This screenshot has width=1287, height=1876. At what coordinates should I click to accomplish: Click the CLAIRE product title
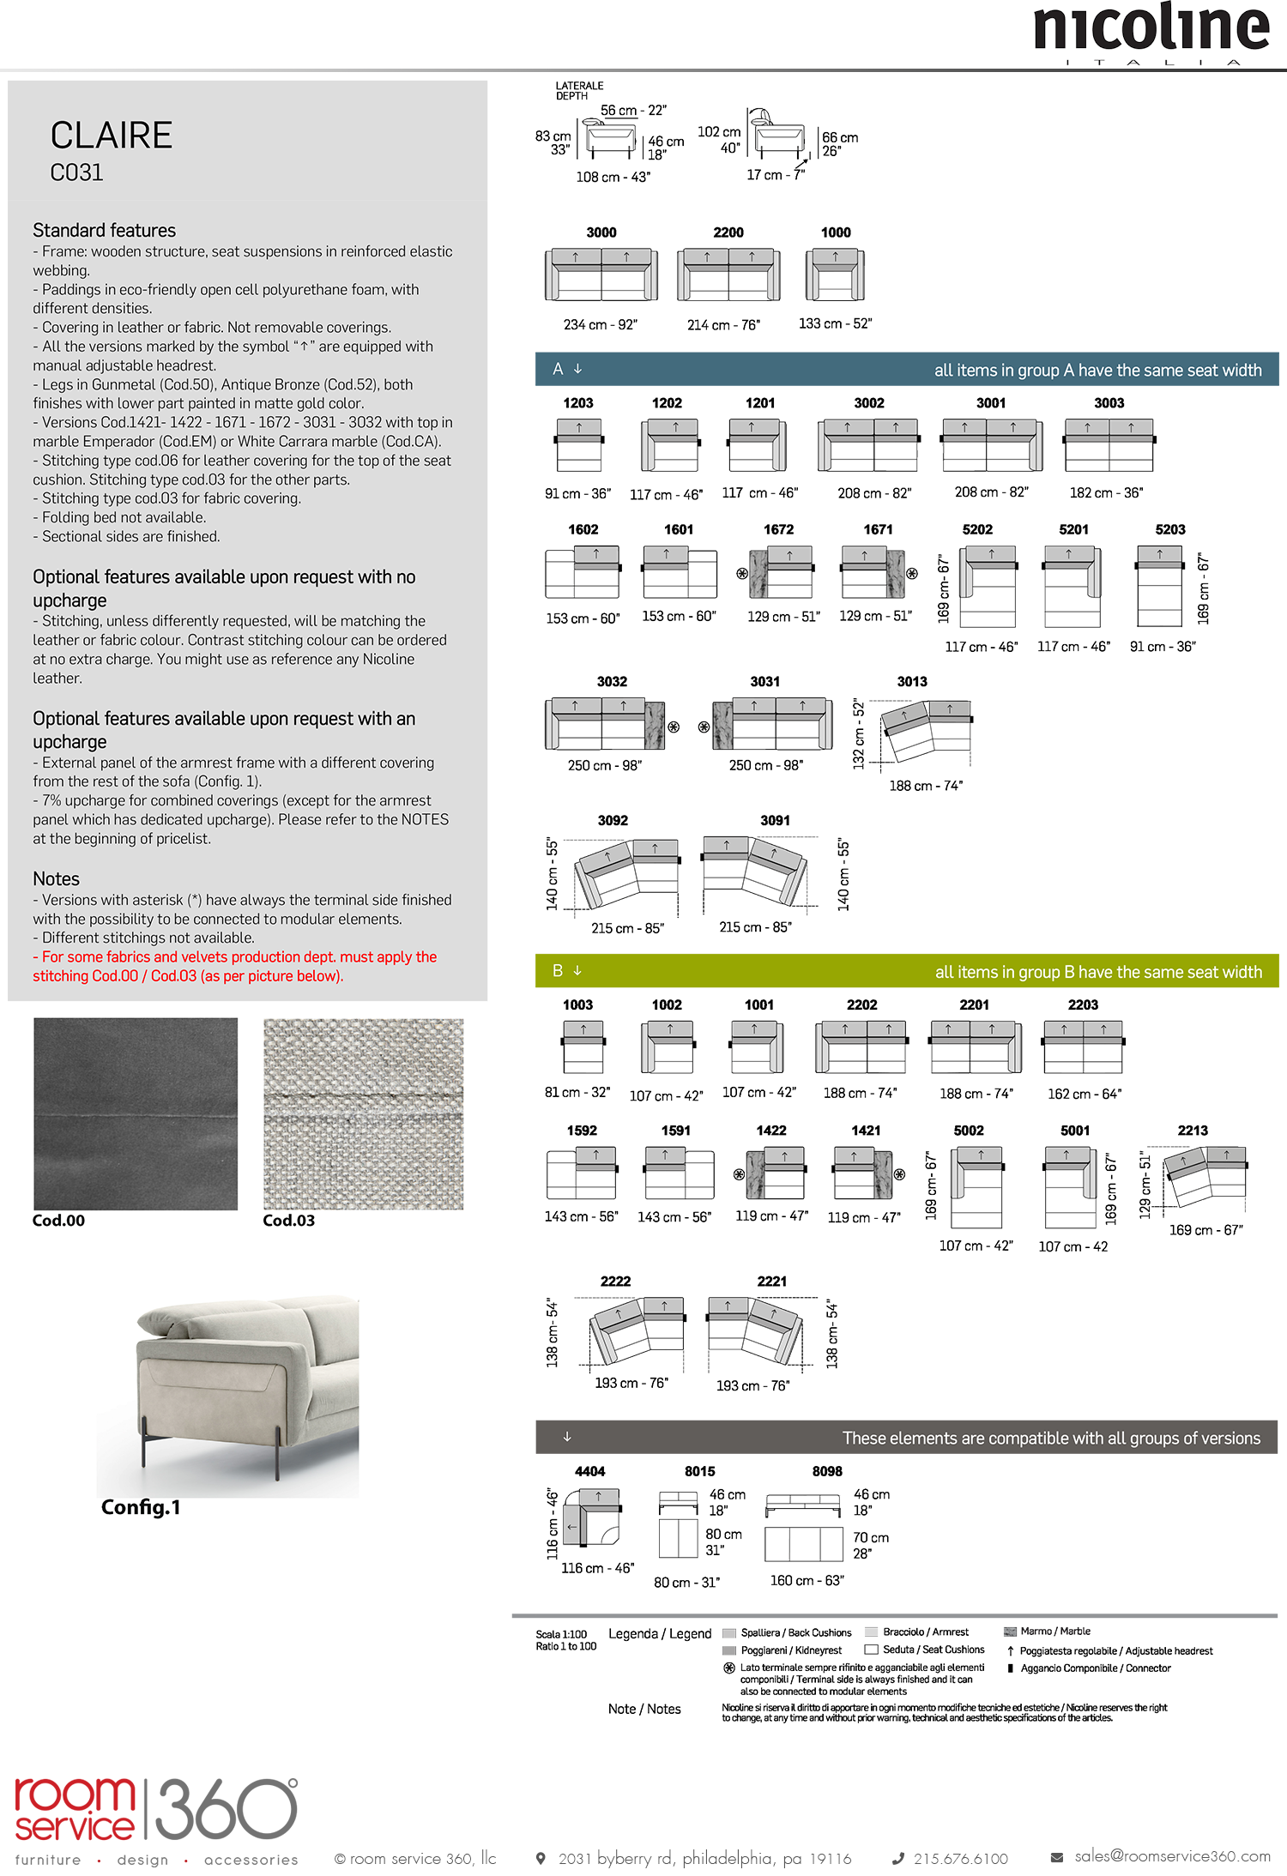tap(112, 136)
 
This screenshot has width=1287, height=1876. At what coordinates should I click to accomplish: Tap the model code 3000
tap(601, 232)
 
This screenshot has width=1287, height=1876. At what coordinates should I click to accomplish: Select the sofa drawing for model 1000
tap(835, 274)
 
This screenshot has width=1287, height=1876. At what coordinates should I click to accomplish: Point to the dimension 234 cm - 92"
tap(601, 325)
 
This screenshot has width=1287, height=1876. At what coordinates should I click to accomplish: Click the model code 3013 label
tap(911, 682)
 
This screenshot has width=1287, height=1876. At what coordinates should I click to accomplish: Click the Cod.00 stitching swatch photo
tap(136, 1113)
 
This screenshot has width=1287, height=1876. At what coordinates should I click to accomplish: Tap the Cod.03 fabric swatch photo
tap(363, 1113)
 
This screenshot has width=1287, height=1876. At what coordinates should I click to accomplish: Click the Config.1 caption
tap(141, 1507)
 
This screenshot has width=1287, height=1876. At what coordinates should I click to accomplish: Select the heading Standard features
tap(104, 231)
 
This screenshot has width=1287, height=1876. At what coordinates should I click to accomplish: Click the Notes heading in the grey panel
tap(56, 879)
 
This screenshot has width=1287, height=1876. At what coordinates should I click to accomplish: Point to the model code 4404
tap(589, 1471)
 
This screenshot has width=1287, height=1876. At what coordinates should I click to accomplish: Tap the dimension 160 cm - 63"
tap(807, 1580)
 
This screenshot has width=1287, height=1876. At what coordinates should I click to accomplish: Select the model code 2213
tap(1192, 1131)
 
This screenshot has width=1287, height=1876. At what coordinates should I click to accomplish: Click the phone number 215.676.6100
tap(960, 1859)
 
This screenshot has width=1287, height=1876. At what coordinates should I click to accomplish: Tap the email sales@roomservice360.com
tap(1172, 1856)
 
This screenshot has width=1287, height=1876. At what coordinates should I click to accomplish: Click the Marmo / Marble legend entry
tap(1054, 1632)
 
